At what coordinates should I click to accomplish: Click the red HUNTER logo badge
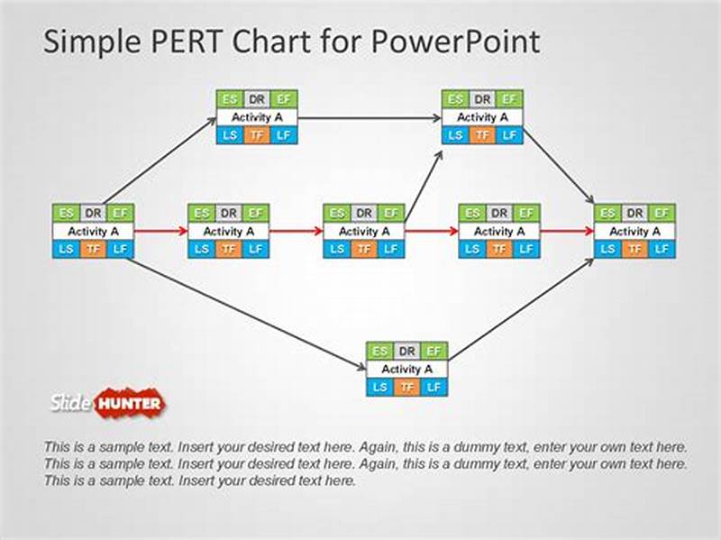(x=130, y=402)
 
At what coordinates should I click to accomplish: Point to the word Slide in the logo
(x=71, y=402)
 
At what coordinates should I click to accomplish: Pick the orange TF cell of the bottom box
(x=407, y=387)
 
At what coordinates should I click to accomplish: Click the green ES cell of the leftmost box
(x=66, y=214)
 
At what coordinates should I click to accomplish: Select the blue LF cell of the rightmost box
(x=662, y=249)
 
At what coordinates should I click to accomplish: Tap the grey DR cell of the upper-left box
(x=257, y=99)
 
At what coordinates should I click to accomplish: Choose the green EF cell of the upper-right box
(x=509, y=99)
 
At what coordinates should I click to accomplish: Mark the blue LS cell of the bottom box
(x=380, y=387)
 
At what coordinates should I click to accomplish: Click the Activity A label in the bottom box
(x=407, y=369)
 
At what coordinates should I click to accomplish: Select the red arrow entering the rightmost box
(x=568, y=231)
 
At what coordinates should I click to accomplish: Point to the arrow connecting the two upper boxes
(x=370, y=117)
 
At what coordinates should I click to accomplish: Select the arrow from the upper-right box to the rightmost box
(x=559, y=167)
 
